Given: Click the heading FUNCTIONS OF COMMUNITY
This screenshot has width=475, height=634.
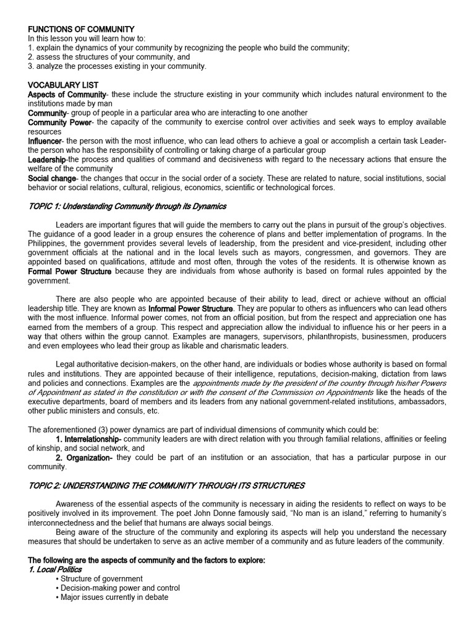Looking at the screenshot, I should coord(81,29).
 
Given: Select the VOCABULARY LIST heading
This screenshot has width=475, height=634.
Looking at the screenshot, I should coord(63,85).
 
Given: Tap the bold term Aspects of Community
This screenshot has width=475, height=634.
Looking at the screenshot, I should coord(67,94).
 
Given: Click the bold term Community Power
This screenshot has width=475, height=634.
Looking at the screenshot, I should coord(59,123).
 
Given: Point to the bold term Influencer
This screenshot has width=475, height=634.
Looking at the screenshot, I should coord(45,141).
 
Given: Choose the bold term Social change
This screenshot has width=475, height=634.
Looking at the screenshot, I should coord(53,178).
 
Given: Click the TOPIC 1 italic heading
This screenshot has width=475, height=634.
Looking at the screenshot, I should coord(127,206).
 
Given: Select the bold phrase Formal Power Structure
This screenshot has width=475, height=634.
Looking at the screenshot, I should coord(71,271).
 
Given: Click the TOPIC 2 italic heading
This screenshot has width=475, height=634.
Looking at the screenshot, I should coord(166,485).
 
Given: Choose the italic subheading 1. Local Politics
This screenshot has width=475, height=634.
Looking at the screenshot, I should coord(54,569).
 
